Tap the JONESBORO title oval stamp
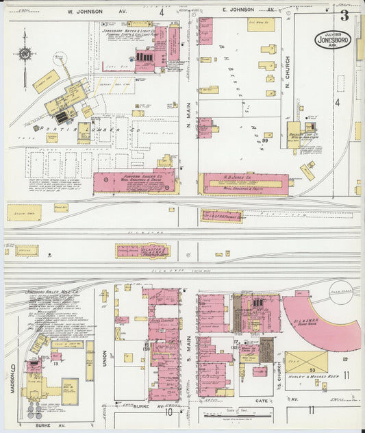click(x=333, y=40)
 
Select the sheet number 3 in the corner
click(x=344, y=16)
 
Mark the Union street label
click(x=105, y=357)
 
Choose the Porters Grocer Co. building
click(x=134, y=182)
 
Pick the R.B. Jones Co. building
click(x=244, y=183)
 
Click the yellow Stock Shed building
click(x=24, y=212)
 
